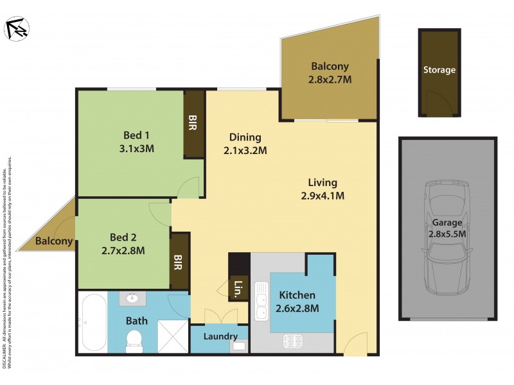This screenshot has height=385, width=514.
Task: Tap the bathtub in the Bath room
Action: [x=94, y=323]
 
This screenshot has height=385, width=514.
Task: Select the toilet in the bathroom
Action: [x=134, y=339]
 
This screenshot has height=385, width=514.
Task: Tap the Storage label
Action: [x=439, y=70]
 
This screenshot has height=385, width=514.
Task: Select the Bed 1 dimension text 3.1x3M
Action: [x=136, y=148]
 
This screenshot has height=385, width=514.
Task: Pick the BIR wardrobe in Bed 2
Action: [x=179, y=261]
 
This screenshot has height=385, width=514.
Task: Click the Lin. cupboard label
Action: [x=237, y=290]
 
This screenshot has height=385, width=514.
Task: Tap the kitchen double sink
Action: [x=261, y=302]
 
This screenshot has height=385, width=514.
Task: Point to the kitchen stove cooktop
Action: [x=293, y=341]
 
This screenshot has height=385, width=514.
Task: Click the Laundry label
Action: [x=220, y=336]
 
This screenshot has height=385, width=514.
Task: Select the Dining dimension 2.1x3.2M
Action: [x=245, y=151]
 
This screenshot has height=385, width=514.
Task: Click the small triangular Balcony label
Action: [x=53, y=242]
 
